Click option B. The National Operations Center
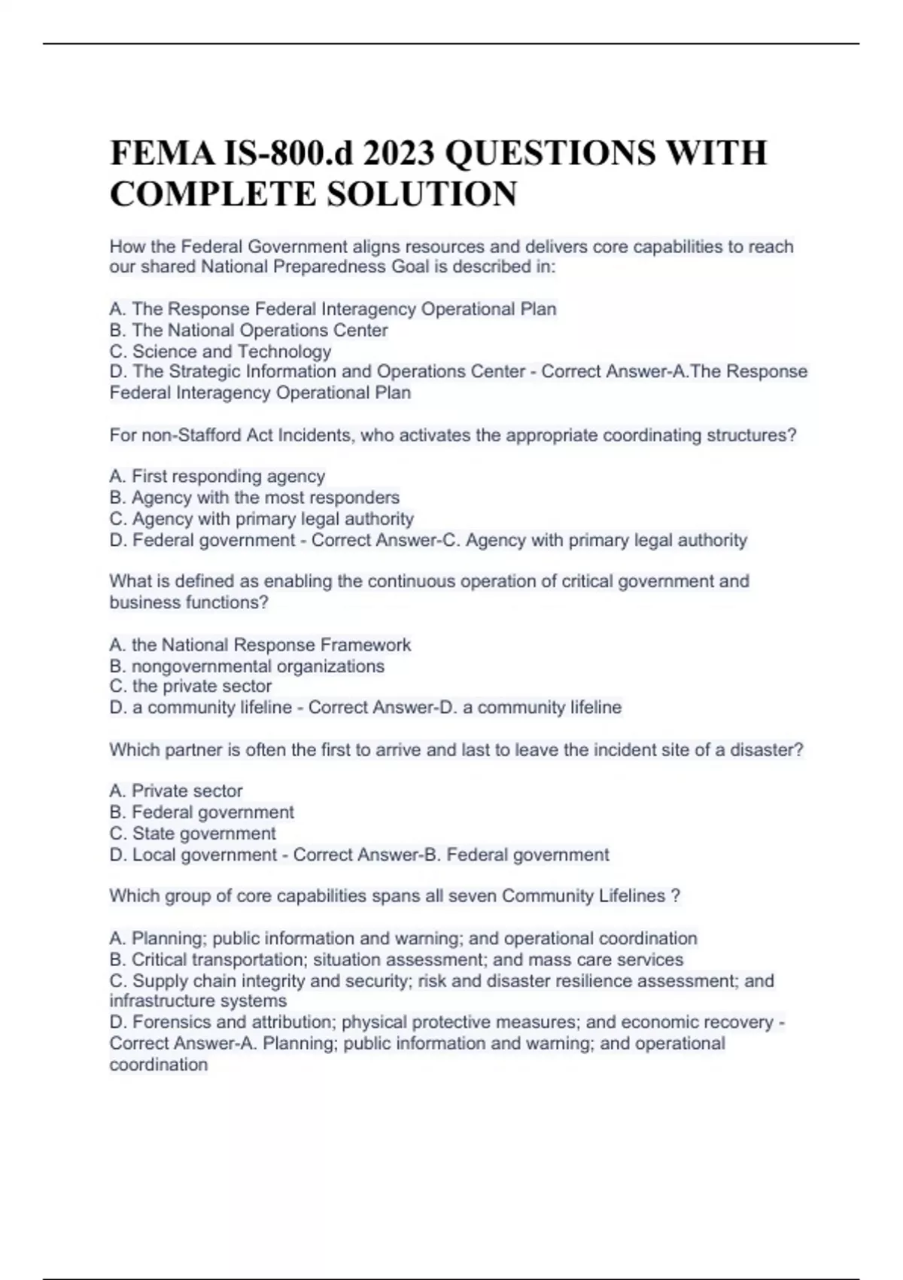[248, 331]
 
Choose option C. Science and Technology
[220, 352]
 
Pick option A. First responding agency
[217, 477]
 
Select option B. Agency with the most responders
[254, 498]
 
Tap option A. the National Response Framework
[260, 645]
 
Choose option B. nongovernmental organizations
[247, 666]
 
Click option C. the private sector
[190, 687]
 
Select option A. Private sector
[176, 791]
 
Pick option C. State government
[193, 834]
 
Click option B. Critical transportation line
[396, 960]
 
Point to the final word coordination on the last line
[158, 1065]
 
